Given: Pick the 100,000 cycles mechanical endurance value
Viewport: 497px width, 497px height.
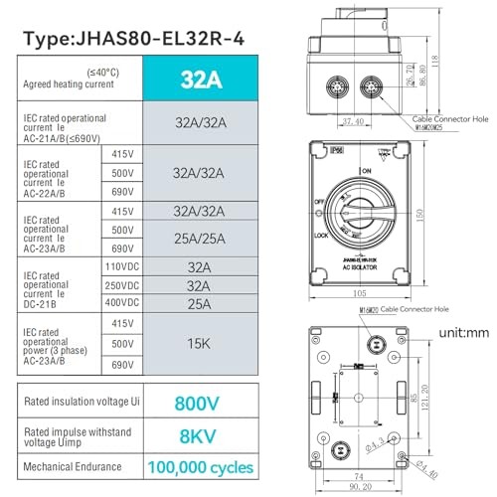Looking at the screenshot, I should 201,466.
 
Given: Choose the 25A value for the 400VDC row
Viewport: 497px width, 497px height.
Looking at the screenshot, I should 201,300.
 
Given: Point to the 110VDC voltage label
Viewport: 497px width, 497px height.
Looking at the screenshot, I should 121,266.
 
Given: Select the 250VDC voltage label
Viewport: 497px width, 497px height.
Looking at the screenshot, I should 121,284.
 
